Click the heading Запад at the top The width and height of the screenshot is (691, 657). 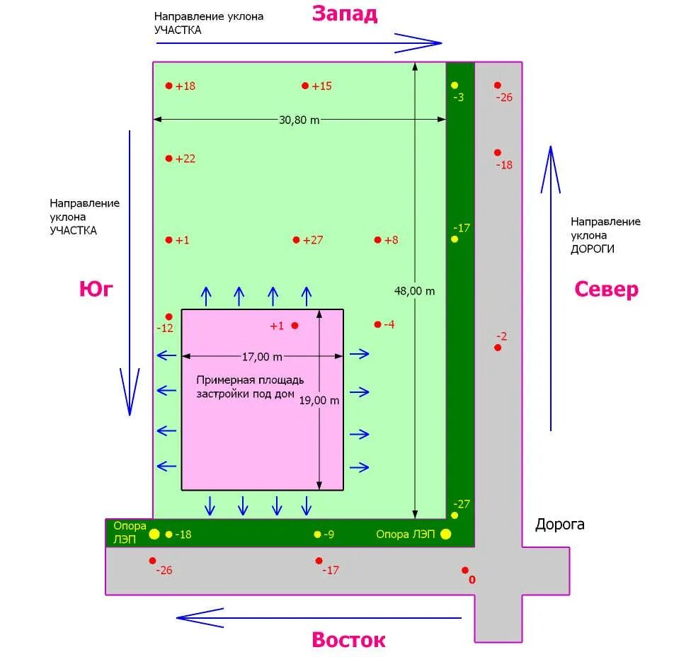[x=345, y=13]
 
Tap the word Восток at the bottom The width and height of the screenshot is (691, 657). [x=348, y=640]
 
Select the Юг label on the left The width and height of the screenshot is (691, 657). [x=96, y=289]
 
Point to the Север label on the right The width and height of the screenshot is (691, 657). [x=606, y=290]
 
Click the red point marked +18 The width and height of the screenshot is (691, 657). [x=169, y=86]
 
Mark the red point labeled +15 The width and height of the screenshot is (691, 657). [x=305, y=86]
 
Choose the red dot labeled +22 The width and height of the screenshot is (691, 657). [x=169, y=159]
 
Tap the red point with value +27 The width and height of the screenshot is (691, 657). [x=296, y=240]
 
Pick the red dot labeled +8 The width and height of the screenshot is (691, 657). [x=377, y=240]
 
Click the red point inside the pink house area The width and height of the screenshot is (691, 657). [x=295, y=326]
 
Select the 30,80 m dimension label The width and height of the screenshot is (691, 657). [x=299, y=120]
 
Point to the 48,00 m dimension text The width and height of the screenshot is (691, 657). [x=414, y=290]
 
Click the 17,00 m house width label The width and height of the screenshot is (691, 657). [x=262, y=356]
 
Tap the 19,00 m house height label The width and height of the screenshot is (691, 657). [x=319, y=400]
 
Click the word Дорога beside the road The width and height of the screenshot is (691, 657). [x=559, y=525]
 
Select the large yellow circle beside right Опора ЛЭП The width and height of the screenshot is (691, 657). [x=445, y=535]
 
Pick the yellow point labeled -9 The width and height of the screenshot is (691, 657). [x=317, y=535]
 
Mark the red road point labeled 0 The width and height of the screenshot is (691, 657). [x=465, y=570]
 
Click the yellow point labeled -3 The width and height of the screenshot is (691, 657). [x=455, y=86]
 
